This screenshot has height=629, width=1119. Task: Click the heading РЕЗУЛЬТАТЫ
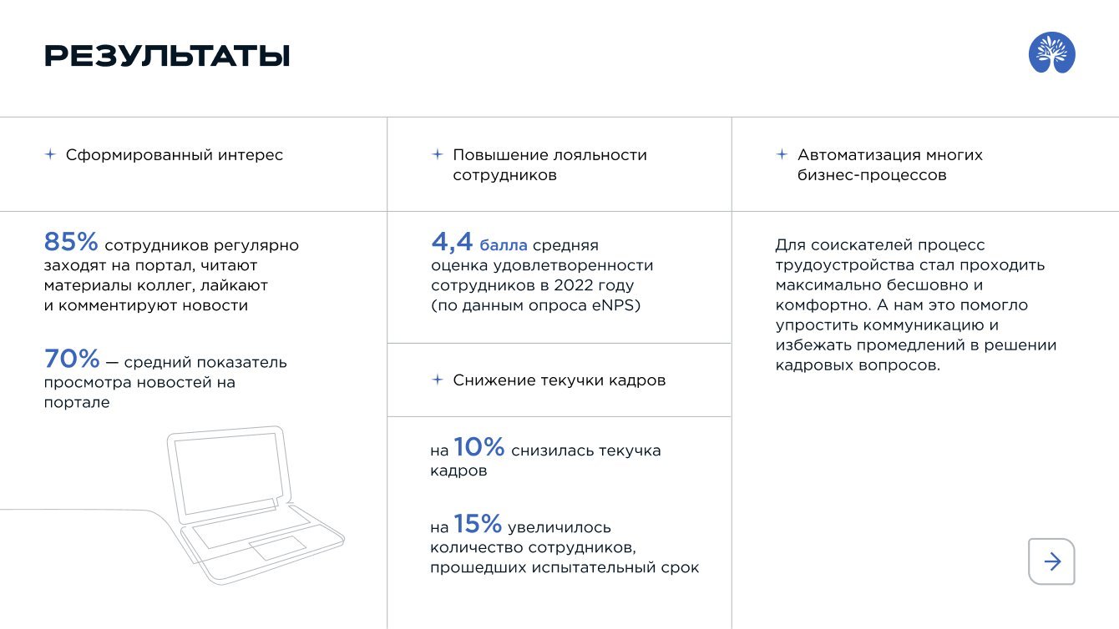pyautogui.click(x=167, y=55)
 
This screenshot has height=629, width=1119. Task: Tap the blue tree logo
pyautogui.click(x=1051, y=53)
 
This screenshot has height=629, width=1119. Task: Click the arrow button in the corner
pyautogui.click(x=1051, y=561)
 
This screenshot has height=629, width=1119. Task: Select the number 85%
pyautogui.click(x=71, y=242)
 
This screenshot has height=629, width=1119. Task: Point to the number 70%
pyautogui.click(x=72, y=359)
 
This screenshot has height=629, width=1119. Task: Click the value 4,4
pyautogui.click(x=452, y=242)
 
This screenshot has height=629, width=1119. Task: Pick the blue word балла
pyautogui.click(x=503, y=245)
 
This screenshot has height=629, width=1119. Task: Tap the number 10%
pyautogui.click(x=479, y=447)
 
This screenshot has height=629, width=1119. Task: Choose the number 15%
pyautogui.click(x=478, y=524)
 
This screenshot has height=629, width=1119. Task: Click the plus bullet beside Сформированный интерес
pyautogui.click(x=50, y=154)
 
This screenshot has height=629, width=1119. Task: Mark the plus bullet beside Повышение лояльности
pyautogui.click(x=438, y=154)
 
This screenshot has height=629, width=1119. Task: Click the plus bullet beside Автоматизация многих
pyautogui.click(x=782, y=154)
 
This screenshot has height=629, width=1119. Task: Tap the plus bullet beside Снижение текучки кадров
pyautogui.click(x=438, y=380)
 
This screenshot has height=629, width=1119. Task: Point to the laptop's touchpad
pyautogui.click(x=278, y=547)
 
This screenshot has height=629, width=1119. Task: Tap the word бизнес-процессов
pyautogui.click(x=872, y=175)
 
